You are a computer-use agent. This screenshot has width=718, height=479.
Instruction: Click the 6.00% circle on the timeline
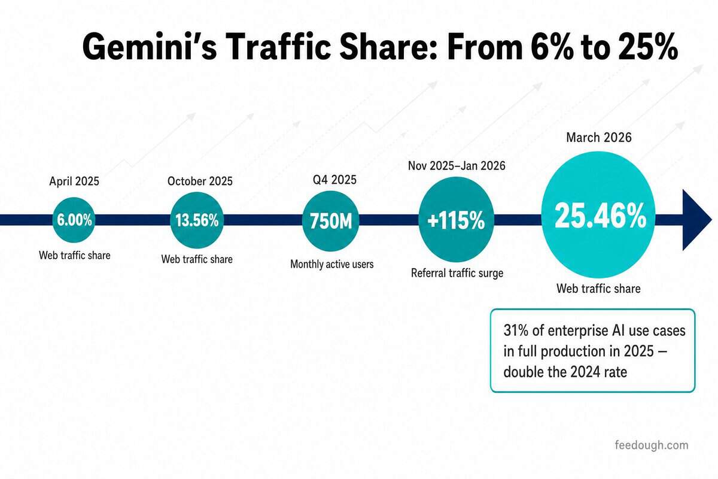(74, 220)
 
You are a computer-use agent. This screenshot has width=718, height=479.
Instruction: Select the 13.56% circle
(197, 220)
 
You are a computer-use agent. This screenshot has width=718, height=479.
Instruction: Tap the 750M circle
(331, 221)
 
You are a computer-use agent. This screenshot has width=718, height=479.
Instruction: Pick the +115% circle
(456, 220)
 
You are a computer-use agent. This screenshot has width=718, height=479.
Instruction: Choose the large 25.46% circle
(598, 215)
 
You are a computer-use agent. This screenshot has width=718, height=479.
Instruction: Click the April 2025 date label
(74, 181)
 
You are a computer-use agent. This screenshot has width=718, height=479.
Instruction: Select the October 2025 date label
(200, 181)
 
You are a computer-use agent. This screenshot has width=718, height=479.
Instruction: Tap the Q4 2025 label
(334, 180)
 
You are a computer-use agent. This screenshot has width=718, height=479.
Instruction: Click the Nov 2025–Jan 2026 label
(457, 166)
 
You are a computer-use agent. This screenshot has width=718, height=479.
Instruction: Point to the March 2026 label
(599, 138)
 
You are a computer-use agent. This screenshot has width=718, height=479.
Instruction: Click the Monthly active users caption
(331, 265)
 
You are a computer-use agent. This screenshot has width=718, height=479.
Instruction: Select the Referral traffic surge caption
(457, 274)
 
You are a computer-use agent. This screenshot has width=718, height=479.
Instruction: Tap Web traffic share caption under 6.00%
(75, 256)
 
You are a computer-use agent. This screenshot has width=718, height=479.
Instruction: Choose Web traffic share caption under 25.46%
(598, 289)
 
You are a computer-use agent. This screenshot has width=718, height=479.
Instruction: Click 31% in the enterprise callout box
(516, 331)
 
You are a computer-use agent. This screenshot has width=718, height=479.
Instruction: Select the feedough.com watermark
(652, 445)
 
